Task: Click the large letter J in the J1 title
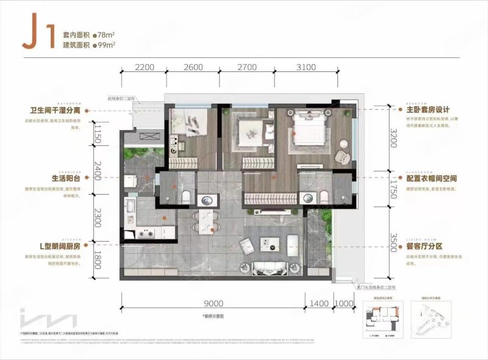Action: pyautogui.click(x=29, y=35)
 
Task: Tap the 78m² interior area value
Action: pyautogui.click(x=104, y=35)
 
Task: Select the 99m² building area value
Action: pyautogui.click(x=104, y=45)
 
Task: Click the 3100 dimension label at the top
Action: pyautogui.click(x=317, y=68)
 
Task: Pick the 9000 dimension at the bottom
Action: pyautogui.click(x=212, y=303)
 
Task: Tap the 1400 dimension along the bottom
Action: pyautogui.click(x=319, y=303)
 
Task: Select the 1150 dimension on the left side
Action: pyautogui.click(x=97, y=132)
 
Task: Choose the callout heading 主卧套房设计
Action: pyautogui.click(x=427, y=111)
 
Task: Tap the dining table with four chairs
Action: pyautogui.click(x=204, y=220)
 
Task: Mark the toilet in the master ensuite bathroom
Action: pyautogui.click(x=324, y=195)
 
